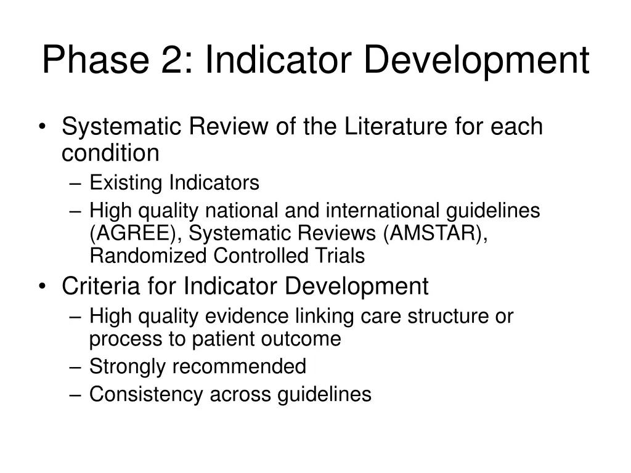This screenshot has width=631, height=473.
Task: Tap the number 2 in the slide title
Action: point(179,60)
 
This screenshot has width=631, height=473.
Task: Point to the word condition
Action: point(110,153)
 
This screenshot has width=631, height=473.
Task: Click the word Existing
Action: point(126,183)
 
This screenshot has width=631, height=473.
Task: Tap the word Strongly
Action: point(128,367)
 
